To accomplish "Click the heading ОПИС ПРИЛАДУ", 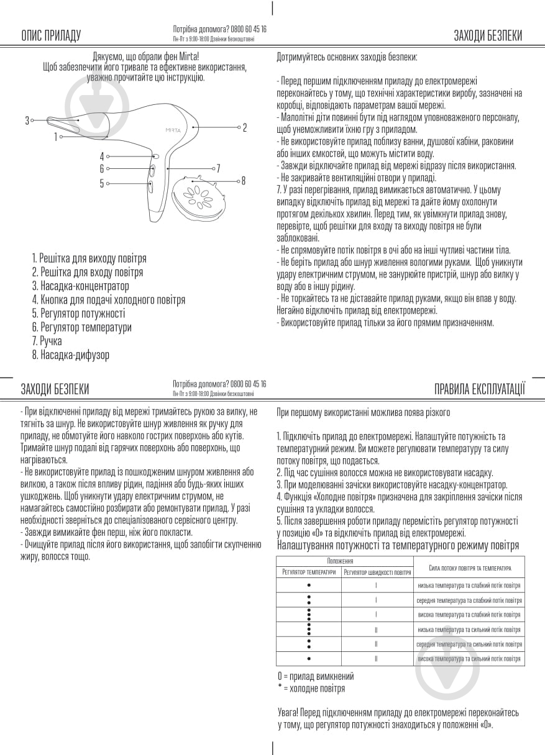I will coord(51,35).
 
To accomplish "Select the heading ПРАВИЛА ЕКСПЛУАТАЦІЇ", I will coord(480,389).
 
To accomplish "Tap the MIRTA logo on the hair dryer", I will coord(173,130).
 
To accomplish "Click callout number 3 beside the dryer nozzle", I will coord(27,120).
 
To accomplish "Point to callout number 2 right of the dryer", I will coord(245,127).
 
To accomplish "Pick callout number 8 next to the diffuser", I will coord(244,181).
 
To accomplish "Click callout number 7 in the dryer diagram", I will coord(218,168).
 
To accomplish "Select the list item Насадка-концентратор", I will coord(81,286).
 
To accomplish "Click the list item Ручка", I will coord(47,341).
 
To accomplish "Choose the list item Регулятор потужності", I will coord(78,314).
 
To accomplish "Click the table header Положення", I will coord(344,561).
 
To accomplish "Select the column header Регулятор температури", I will coord(309,572).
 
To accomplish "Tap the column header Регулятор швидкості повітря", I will coord(377,572).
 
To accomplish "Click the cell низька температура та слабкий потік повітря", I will coord(469,585).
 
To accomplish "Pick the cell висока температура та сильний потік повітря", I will coord(469,659).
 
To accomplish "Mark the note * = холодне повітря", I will coord(311,688).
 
